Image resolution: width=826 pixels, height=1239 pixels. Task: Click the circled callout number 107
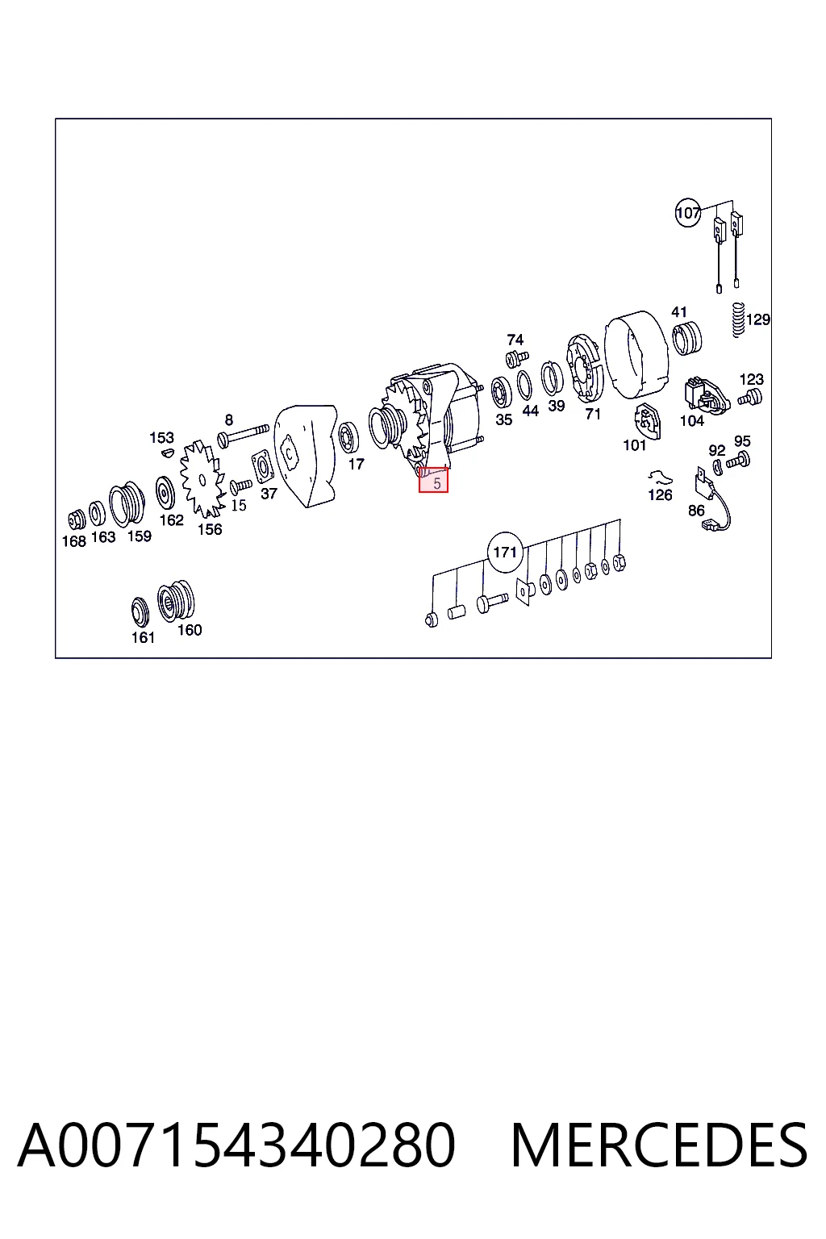click(688, 212)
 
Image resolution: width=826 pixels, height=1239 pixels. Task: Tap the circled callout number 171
click(505, 552)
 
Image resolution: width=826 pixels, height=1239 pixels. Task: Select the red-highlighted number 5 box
click(433, 480)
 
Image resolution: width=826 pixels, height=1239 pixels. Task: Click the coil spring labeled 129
click(738, 319)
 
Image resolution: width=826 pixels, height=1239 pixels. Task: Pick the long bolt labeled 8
click(244, 434)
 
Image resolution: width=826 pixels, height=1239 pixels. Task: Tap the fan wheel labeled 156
click(202, 478)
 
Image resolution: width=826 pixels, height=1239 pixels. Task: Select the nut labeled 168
click(77, 519)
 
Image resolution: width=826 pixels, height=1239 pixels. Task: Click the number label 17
click(357, 464)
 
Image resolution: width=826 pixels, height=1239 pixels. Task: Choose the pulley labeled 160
click(176, 601)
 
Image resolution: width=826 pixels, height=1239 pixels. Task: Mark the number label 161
click(143, 638)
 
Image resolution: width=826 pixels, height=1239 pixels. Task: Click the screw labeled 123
click(749, 398)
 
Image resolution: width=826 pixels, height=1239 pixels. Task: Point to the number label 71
click(593, 414)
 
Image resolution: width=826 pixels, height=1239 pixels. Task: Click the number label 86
click(696, 511)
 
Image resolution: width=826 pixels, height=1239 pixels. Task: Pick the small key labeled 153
click(168, 453)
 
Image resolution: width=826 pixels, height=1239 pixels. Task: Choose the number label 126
click(660, 494)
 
